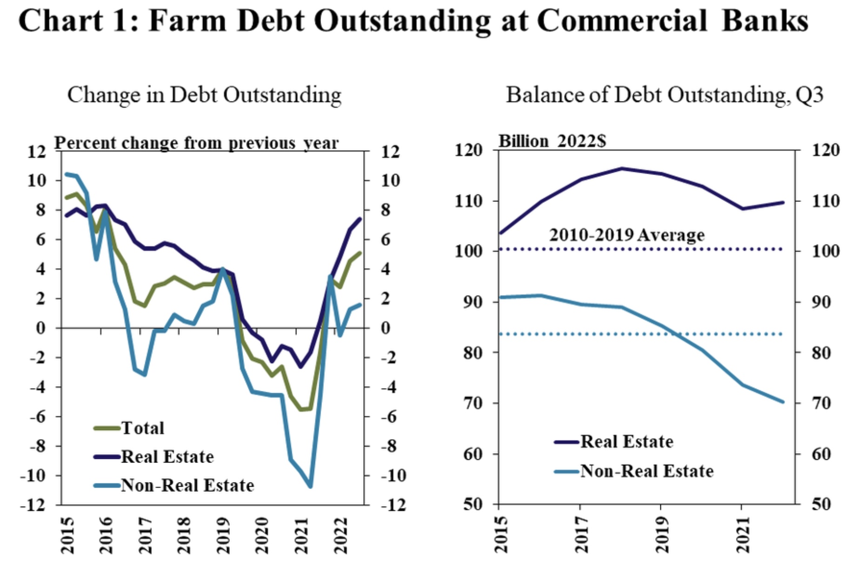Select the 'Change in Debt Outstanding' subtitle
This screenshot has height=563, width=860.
(x=204, y=95)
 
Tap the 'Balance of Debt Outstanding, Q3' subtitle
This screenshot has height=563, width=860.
(x=665, y=95)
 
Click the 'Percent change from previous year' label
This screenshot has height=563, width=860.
(x=196, y=143)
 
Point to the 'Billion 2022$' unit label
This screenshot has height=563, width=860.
(x=552, y=141)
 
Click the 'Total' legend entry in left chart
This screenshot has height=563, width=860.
(x=142, y=428)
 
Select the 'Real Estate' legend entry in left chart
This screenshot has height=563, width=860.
(x=167, y=457)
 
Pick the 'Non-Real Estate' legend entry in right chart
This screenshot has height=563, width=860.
(x=647, y=471)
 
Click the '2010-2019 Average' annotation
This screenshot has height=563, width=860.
(x=627, y=235)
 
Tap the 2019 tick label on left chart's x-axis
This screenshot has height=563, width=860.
(x=224, y=535)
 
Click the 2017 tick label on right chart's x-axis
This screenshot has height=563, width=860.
(x=580, y=535)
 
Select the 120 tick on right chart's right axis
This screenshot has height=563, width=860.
(x=826, y=150)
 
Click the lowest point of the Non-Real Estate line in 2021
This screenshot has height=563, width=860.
(x=310, y=486)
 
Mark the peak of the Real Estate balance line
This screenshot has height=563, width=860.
(x=622, y=168)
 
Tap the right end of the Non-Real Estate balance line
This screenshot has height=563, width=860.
(x=783, y=402)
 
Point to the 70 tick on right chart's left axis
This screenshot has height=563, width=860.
(x=473, y=403)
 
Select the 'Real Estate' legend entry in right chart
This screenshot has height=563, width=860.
(x=626, y=442)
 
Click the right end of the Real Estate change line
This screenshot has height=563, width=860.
(x=360, y=219)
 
